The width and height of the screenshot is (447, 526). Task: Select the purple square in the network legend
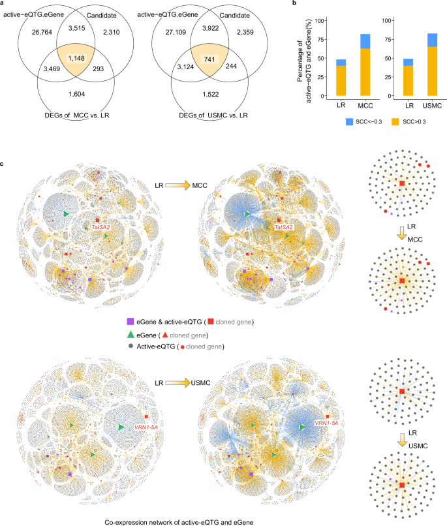131,322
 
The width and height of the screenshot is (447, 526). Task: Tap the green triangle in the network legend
131,333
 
